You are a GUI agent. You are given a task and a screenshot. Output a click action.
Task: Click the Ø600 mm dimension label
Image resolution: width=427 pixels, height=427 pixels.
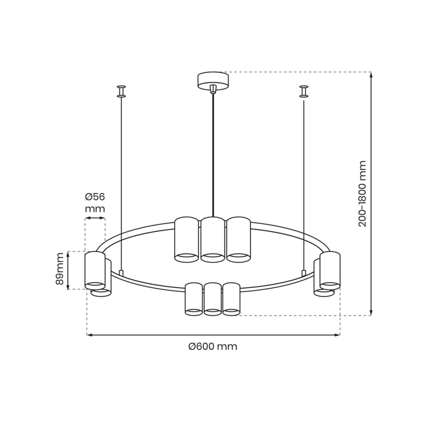pos(213,346)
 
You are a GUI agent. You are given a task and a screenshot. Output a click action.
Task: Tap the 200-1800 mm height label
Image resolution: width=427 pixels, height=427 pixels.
pos(363,193)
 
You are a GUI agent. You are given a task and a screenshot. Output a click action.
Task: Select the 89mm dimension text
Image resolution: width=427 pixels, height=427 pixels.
pos(60,269)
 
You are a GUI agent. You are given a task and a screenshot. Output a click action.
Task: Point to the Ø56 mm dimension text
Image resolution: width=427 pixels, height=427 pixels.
pos(95,202)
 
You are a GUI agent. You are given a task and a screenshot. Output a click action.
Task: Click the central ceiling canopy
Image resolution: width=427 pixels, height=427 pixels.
pos(213,81)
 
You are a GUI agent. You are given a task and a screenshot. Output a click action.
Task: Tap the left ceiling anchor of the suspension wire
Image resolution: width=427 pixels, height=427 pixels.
pos(121,91)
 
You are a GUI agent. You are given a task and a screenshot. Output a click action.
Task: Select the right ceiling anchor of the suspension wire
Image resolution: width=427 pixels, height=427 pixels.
pos(304,91)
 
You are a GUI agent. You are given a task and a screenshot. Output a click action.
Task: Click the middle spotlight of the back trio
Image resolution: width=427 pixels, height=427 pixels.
pos(213,239)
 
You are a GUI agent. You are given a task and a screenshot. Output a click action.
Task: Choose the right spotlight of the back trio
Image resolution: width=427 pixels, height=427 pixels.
pos(238,239)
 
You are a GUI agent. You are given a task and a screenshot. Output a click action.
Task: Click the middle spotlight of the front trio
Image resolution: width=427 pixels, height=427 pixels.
pos(213,299)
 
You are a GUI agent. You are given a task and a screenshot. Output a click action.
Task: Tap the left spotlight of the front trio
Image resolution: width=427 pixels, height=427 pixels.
pos(193,299)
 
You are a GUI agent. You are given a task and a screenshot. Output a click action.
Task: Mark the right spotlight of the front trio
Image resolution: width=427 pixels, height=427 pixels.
pos(232,299)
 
